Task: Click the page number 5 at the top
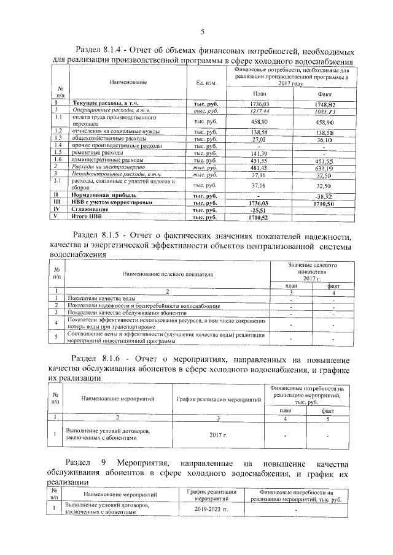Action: pyautogui.click(x=201, y=32)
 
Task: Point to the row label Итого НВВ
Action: pyautogui.click(x=88, y=217)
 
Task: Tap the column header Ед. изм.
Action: pyautogui.click(x=206, y=83)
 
